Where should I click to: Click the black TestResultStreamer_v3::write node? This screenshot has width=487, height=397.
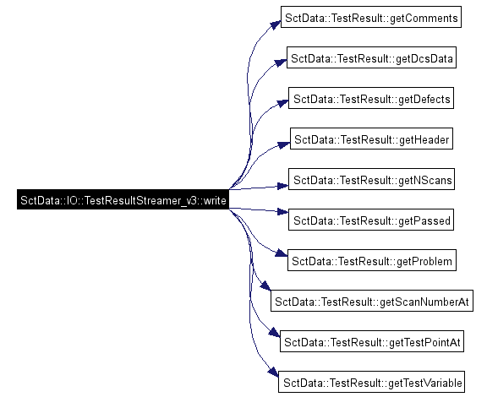pos(123,199)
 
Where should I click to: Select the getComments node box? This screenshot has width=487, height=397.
pos(371,17)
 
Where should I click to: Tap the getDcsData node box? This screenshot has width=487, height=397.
pos(371,57)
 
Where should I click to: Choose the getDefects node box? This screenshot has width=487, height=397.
pos(371,98)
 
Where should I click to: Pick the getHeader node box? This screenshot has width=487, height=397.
pos(371,139)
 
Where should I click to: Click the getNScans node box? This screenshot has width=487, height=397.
pos(371,179)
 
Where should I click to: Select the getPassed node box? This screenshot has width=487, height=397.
pos(371,220)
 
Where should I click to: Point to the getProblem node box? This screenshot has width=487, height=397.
pos(372,260)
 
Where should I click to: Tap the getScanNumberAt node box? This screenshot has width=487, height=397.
pos(372,301)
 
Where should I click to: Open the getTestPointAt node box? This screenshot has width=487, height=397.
pos(372,341)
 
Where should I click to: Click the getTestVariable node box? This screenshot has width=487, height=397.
pos(371,382)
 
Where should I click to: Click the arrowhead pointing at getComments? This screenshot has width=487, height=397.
pos(276,24)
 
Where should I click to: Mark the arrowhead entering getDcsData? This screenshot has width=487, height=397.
pos(281,62)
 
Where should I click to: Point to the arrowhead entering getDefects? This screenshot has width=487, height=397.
pos(282,103)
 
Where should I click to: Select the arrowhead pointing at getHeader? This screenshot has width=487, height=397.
pos(284,144)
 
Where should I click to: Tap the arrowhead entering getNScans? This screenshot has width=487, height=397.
pos(283,186)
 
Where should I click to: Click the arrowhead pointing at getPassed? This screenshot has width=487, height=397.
pos(283,212)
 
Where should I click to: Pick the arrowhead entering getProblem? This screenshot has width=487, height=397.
pos(282,253)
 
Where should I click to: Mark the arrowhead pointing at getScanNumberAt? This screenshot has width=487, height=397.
pos(265,286)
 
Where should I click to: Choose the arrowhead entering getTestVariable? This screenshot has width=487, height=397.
pos(274,373)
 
